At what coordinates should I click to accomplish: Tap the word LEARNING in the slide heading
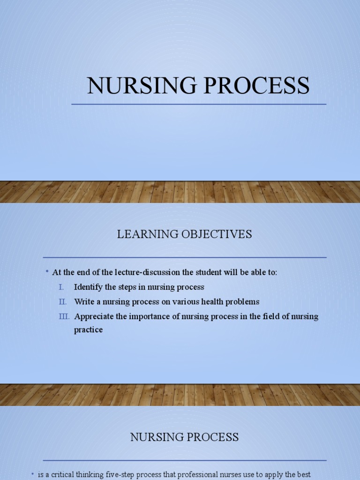143,234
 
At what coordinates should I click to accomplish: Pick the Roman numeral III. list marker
64,316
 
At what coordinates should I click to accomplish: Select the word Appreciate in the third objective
94,316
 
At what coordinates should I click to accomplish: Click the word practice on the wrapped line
88,330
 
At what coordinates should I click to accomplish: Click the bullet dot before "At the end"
48,271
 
